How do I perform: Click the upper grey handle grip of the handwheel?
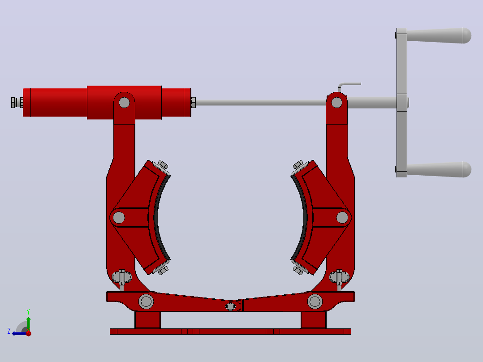[439, 36]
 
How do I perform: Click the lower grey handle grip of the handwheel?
[439, 169]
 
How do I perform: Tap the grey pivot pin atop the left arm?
[124, 103]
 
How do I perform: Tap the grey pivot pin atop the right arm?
[336, 103]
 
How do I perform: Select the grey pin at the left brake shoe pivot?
[119, 217]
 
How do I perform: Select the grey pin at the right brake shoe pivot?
[342, 217]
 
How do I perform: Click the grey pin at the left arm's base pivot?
[146, 302]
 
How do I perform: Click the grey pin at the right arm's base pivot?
[315, 302]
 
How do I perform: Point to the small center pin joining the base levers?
[230, 306]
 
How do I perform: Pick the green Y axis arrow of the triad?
[28, 323]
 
